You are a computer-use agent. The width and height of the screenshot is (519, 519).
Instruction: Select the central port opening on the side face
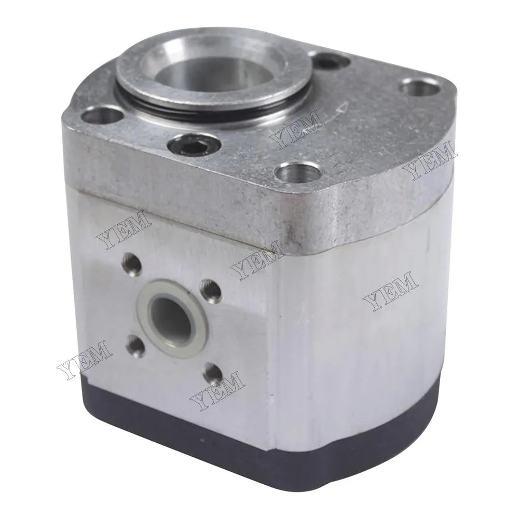[167, 312]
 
